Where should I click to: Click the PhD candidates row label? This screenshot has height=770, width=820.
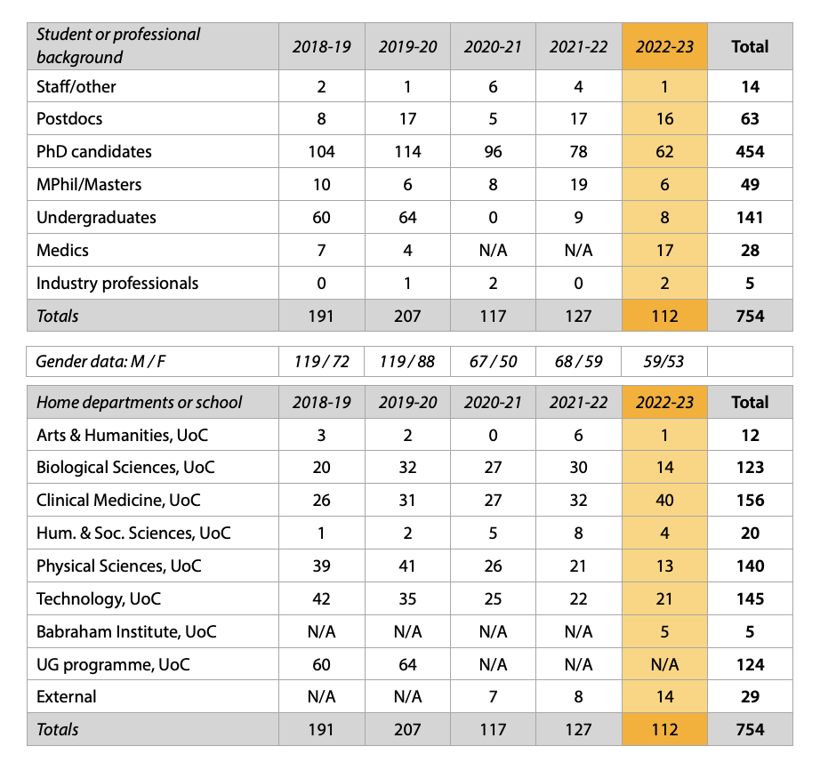(x=94, y=152)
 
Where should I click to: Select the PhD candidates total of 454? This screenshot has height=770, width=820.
(x=750, y=152)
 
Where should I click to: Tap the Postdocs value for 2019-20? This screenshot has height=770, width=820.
(x=407, y=119)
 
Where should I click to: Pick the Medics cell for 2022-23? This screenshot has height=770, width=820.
(x=664, y=251)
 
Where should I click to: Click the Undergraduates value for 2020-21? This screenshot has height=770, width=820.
(x=493, y=218)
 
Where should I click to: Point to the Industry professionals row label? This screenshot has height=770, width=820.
(x=117, y=284)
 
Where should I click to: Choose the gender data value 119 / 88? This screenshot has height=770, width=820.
(x=407, y=362)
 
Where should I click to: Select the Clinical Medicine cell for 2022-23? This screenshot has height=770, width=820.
(x=664, y=501)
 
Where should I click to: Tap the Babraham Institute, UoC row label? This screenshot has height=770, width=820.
(x=126, y=632)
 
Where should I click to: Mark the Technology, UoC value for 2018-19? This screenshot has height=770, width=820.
(x=321, y=599)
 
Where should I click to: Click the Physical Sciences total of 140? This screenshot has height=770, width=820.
(x=750, y=566)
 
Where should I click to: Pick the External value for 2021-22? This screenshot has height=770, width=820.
(x=578, y=697)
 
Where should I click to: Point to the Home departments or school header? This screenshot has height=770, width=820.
(x=139, y=403)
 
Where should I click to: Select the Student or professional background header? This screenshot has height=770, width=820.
(x=118, y=46)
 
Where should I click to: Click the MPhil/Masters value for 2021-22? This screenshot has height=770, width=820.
(x=578, y=185)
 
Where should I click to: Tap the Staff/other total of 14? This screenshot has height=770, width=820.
(x=750, y=87)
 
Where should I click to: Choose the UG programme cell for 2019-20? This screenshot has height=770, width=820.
(x=407, y=665)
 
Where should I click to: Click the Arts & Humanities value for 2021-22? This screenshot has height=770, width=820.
(x=578, y=436)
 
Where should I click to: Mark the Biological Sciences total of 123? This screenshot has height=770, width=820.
(x=750, y=468)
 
